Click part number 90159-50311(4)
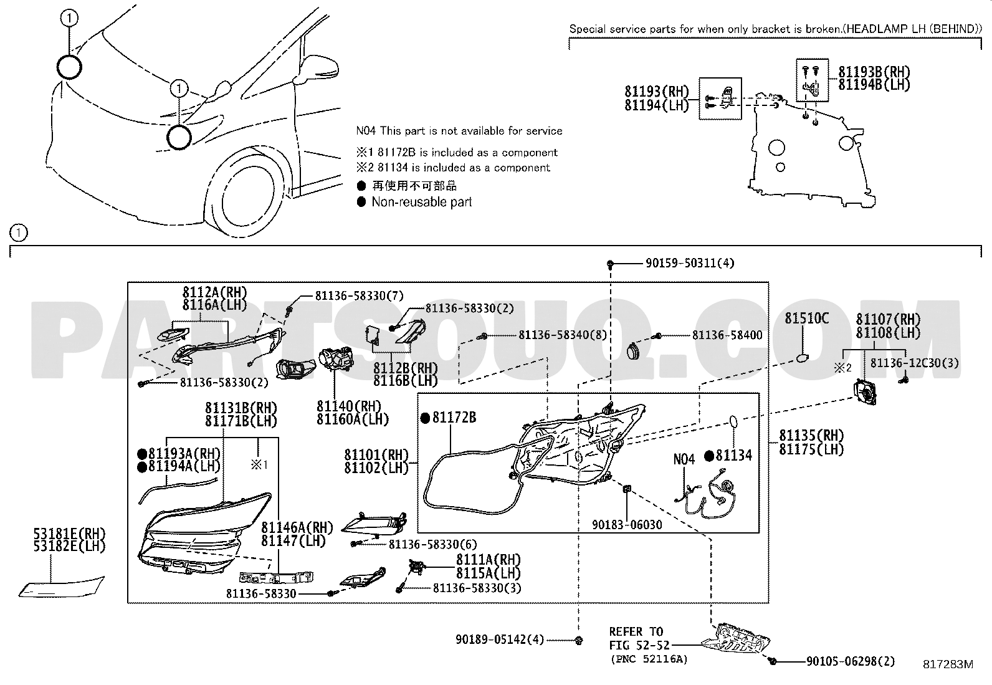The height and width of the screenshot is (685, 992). (x=689, y=264)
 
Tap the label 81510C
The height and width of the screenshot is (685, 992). (x=806, y=319)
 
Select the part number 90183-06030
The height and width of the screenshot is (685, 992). (x=627, y=525)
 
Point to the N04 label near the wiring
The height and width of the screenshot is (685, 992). (x=684, y=459)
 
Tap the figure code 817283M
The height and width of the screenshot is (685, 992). (x=948, y=664)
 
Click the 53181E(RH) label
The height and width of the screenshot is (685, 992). (x=70, y=534)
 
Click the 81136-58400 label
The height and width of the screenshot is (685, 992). (x=727, y=335)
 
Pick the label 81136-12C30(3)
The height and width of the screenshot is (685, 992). (x=914, y=363)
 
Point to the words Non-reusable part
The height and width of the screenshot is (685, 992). (x=421, y=202)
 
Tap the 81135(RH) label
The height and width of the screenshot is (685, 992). (x=811, y=436)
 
